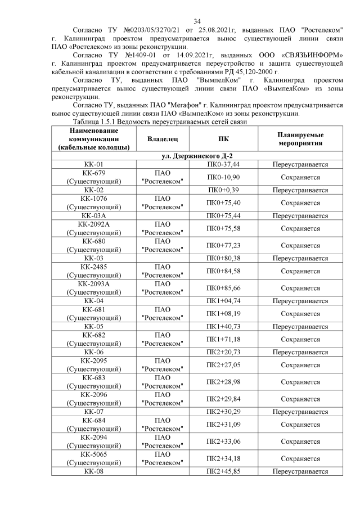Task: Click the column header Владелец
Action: pyautogui.click(x=163, y=138)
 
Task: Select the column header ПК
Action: pyautogui.click(x=223, y=138)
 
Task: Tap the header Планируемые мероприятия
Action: pyautogui.click(x=300, y=138)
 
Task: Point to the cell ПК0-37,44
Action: pyautogui.click(x=223, y=164)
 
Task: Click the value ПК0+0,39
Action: pyautogui.click(x=223, y=190)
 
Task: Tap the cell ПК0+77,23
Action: pyautogui.click(x=223, y=245)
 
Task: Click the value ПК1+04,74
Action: pyautogui.click(x=223, y=301)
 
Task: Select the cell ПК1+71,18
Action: pyautogui.click(x=223, y=339)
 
